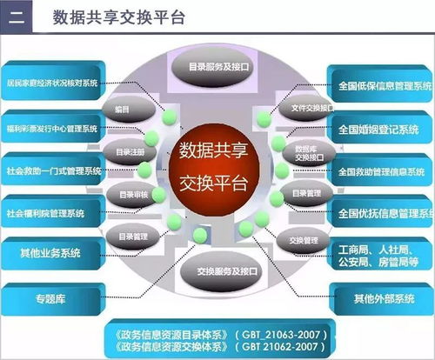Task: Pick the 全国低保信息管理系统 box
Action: [383, 85]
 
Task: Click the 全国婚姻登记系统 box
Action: [383, 129]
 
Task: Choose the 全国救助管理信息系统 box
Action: [383, 172]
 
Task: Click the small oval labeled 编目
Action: [122, 110]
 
